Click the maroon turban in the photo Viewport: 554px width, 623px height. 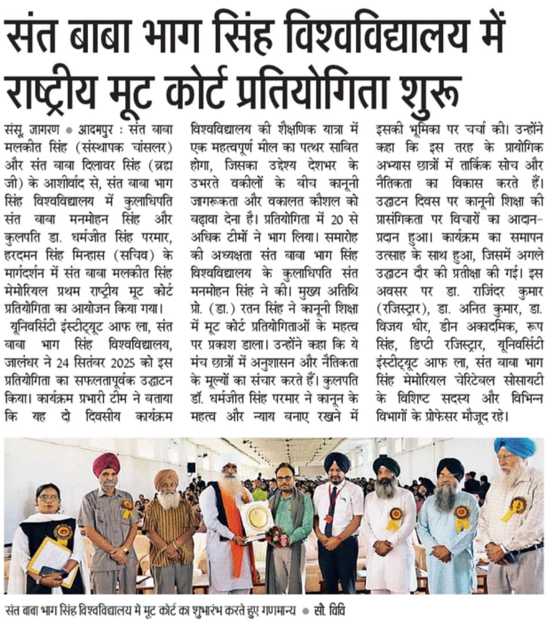click(107, 463)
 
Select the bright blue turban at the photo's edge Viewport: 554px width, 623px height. click(514, 447)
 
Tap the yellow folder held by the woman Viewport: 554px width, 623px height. click(49, 556)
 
